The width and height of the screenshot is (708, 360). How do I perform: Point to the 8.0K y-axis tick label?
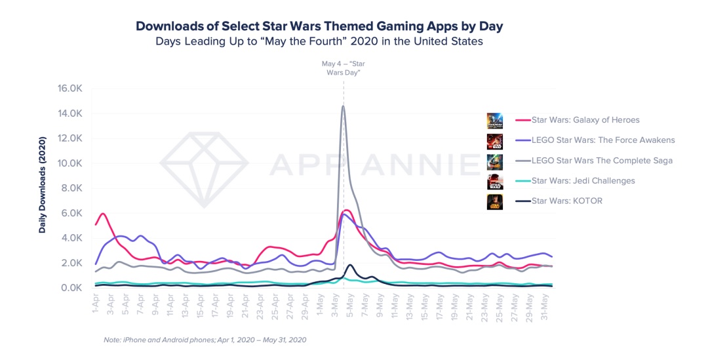tap(69, 188)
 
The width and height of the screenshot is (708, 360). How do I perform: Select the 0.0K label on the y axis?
tap(69, 288)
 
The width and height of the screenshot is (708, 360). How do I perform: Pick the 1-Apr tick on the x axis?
tap(96, 304)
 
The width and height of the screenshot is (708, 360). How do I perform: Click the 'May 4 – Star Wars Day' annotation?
tap(343, 68)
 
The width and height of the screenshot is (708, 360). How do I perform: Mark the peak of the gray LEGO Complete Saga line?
tap(343, 106)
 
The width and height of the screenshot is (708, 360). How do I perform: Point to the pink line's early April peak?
tap(103, 214)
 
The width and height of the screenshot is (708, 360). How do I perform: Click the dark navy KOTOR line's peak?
tap(351, 265)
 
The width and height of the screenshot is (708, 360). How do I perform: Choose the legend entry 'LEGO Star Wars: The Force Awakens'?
tap(595, 140)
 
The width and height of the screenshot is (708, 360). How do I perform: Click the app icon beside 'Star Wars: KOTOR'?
tap(495, 201)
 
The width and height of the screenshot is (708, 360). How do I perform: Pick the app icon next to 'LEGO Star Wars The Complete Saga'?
tap(495, 161)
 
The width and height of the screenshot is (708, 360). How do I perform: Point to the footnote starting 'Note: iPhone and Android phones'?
tap(205, 340)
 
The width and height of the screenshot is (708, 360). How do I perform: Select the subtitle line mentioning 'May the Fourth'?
tap(319, 41)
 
